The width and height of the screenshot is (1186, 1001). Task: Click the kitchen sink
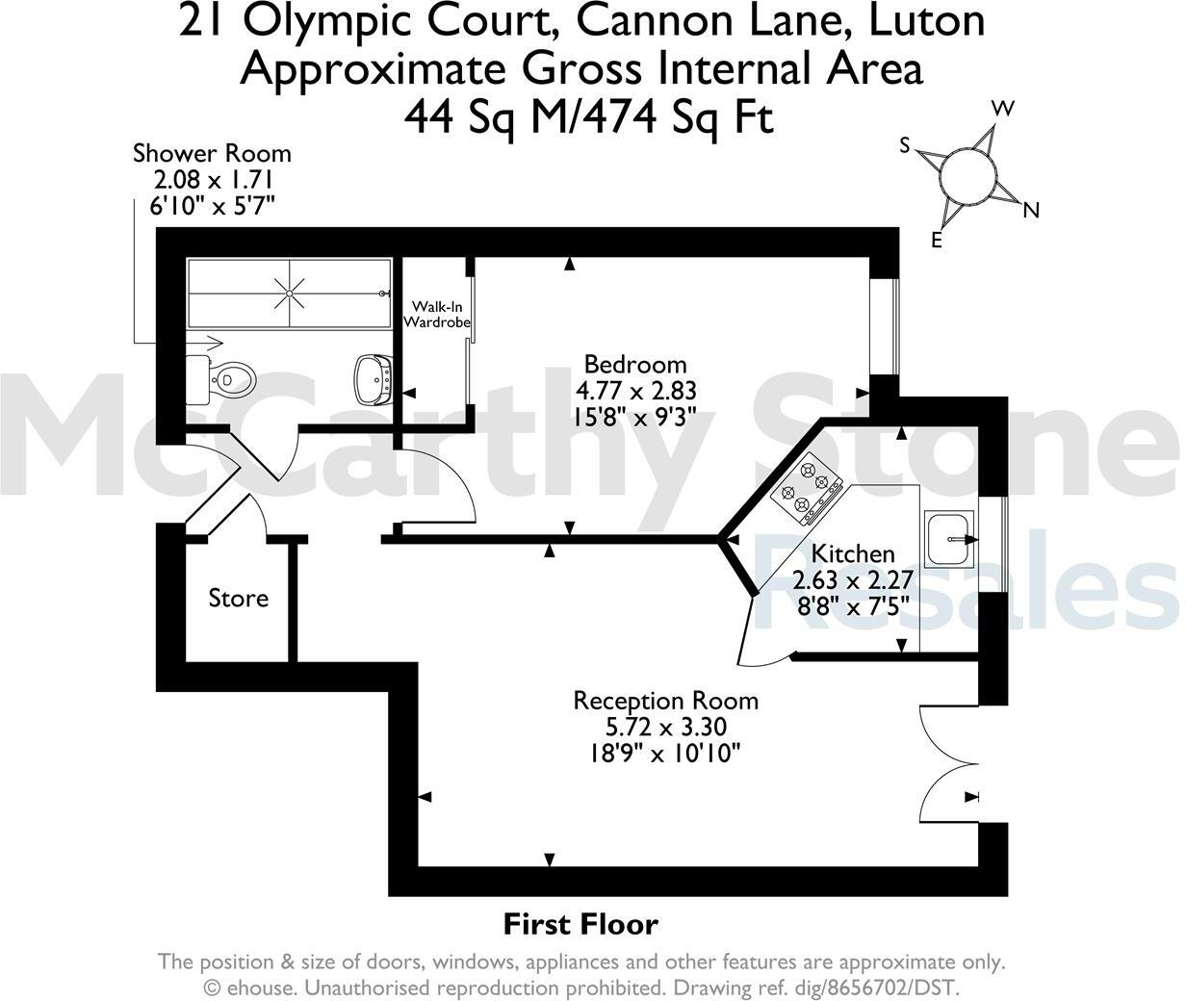[950, 540]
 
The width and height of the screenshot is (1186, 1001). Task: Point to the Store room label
[239, 599]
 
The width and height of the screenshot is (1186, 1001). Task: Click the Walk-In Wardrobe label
[437, 315]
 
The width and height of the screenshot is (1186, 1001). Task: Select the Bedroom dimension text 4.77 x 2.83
[635, 390]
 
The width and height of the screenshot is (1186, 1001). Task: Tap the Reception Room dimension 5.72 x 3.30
[665, 727]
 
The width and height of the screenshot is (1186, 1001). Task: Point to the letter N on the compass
[1031, 210]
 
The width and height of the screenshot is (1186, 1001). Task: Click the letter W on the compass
[1003, 109]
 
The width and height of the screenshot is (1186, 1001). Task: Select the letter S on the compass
[905, 145]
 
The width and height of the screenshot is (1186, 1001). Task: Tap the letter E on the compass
[936, 241]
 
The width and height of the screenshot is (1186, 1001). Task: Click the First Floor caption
[580, 925]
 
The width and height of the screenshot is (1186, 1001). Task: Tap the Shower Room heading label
[212, 153]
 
